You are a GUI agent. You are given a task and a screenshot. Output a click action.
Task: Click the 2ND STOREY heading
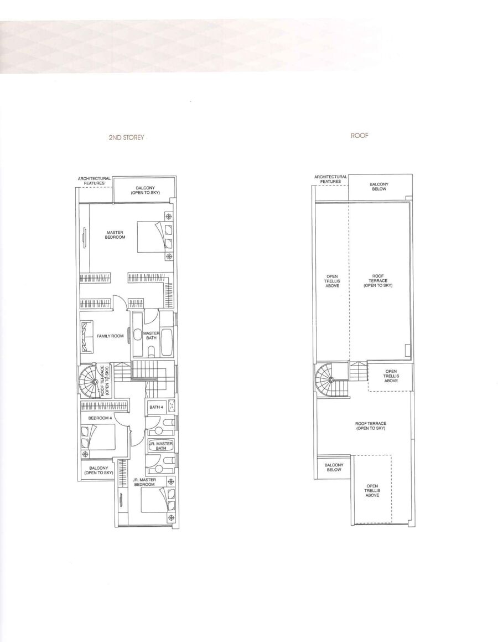[x=126, y=137]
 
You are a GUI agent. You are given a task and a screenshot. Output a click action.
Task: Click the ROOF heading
[x=359, y=135]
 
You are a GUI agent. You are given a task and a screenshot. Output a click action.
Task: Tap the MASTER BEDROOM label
[x=115, y=235]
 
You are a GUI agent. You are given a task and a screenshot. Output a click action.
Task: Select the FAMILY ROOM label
[x=110, y=336]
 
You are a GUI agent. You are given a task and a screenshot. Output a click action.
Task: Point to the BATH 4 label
[x=156, y=407]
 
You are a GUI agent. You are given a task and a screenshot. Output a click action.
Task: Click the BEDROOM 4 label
[x=100, y=418]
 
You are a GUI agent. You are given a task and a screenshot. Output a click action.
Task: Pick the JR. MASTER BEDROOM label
[x=144, y=482]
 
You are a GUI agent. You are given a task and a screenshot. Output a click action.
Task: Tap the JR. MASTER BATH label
[x=160, y=446]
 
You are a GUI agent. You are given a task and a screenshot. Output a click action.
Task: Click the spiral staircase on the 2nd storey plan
[x=95, y=381]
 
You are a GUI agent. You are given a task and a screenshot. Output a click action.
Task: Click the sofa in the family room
[x=87, y=336]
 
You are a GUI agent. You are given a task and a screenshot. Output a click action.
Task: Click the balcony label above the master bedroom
[x=145, y=190]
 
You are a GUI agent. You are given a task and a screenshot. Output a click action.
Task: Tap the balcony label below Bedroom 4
[x=98, y=470]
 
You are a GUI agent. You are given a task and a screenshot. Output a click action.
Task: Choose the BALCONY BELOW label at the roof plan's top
[x=379, y=186]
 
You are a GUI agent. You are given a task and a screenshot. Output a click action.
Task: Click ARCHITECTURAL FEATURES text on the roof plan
[x=330, y=179]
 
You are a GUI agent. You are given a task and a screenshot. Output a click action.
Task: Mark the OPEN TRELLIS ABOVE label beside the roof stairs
[x=391, y=376]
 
